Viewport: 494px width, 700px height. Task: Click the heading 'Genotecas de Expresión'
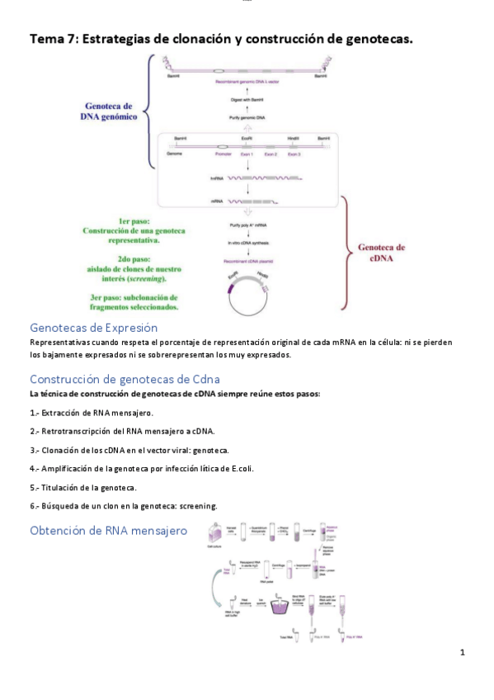pos(92,327)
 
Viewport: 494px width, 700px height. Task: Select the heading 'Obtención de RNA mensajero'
pos(108,530)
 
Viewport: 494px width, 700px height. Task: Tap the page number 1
pos(463,652)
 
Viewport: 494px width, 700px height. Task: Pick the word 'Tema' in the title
pos(47,39)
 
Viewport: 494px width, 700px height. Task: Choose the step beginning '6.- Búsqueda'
pos(124,506)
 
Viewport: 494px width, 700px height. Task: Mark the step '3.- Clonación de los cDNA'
pos(129,450)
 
